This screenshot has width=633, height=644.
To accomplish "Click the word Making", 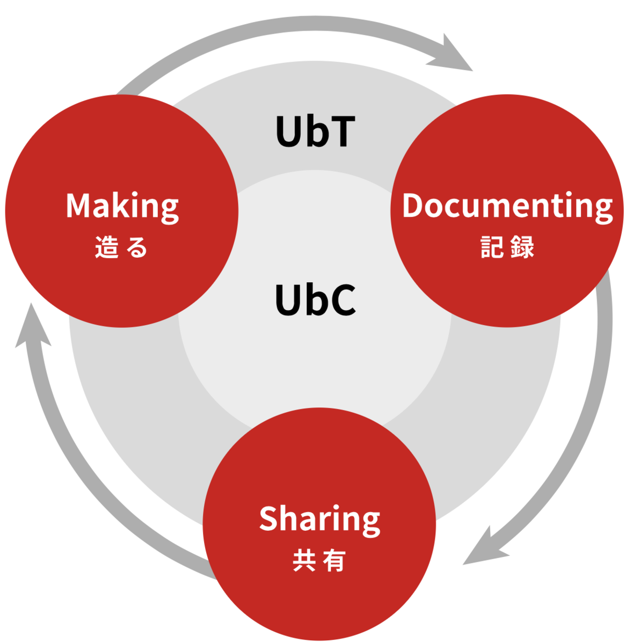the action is [x=122, y=207].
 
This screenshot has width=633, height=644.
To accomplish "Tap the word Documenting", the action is [x=507, y=207].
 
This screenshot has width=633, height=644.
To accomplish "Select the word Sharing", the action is [x=319, y=521].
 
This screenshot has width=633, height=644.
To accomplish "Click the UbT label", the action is [x=315, y=131].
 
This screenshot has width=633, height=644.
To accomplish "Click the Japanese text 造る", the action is [x=121, y=247].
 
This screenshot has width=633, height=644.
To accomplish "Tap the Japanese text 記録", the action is [x=507, y=247].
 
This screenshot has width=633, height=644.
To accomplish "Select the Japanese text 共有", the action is [x=319, y=560].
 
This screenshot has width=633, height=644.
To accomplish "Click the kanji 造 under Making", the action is [x=107, y=247].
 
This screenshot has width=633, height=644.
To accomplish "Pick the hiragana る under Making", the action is [x=137, y=247].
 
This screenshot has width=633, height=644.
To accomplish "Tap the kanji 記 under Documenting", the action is [x=492, y=247].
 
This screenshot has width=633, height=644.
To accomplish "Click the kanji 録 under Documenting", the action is [x=522, y=247].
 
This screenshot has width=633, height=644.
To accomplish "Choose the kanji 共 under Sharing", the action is [x=304, y=560].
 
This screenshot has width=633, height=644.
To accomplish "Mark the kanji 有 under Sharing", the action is [x=334, y=560].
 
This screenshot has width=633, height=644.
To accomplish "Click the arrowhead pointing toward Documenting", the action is [x=453, y=55].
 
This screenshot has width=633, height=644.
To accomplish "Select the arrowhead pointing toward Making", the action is [x=33, y=329].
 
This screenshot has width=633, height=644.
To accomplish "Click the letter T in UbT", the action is [x=342, y=131].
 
